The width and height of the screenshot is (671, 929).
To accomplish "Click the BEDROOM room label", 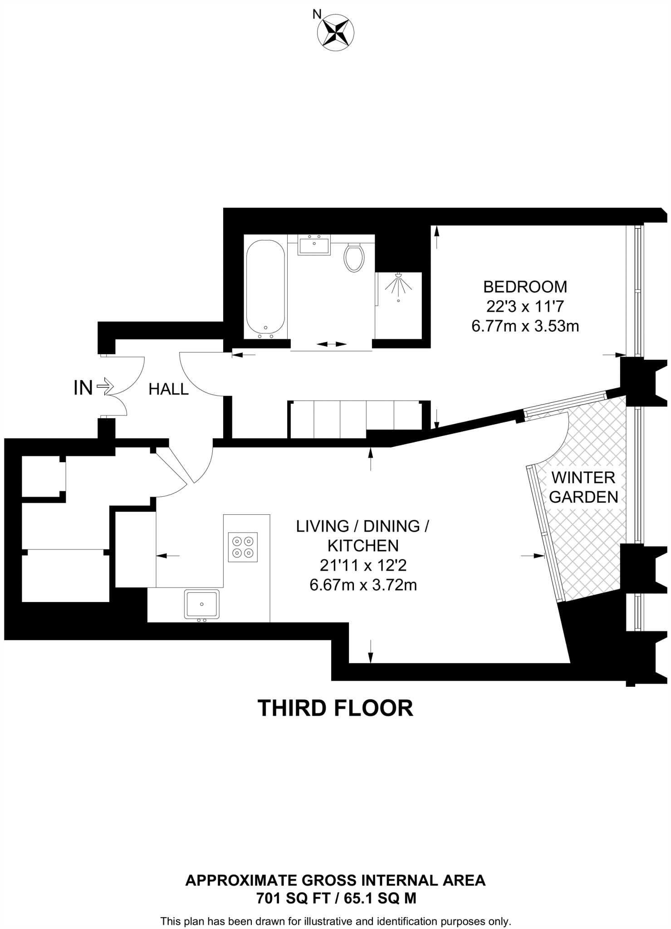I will (525, 287).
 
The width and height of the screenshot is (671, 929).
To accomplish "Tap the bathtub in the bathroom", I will (265, 288).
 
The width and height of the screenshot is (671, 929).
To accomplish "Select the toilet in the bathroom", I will (354, 258).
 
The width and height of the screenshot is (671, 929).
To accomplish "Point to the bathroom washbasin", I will (314, 245).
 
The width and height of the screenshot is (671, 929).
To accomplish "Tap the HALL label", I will (168, 389).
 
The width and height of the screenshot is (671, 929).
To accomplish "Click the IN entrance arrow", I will (105, 387).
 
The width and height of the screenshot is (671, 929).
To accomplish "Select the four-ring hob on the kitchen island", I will (243, 547).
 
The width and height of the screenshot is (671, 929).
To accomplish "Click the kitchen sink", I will (201, 604).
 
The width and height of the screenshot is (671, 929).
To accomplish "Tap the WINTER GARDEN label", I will (583, 487).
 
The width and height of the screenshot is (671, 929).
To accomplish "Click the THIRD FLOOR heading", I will (335, 708).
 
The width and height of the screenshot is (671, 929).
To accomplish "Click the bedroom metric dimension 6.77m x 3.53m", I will (525, 326).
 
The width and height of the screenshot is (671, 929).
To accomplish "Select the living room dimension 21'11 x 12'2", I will (363, 565).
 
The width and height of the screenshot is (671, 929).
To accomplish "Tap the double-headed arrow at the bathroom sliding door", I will (331, 344).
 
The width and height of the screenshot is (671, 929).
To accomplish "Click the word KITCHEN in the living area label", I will (363, 545).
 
